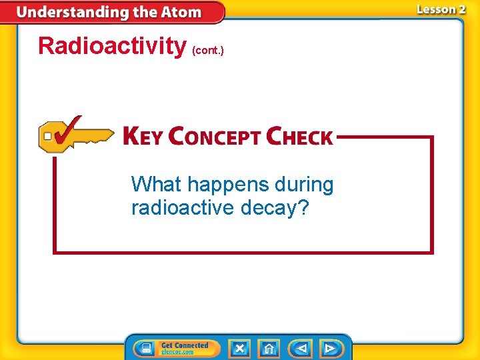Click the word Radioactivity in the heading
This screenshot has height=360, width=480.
coord(112,46)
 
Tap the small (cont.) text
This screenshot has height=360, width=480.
coord(207,50)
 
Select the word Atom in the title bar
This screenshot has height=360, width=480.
coord(179,12)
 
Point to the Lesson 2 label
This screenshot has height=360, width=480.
coord(441,9)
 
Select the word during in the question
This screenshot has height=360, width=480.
coord(303,184)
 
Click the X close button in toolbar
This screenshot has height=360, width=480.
coord(239,349)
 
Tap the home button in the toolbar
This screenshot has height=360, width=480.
coord(269,349)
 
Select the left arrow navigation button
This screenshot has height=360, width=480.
coord(301,349)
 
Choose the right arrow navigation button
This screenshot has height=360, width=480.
coord(329,349)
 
